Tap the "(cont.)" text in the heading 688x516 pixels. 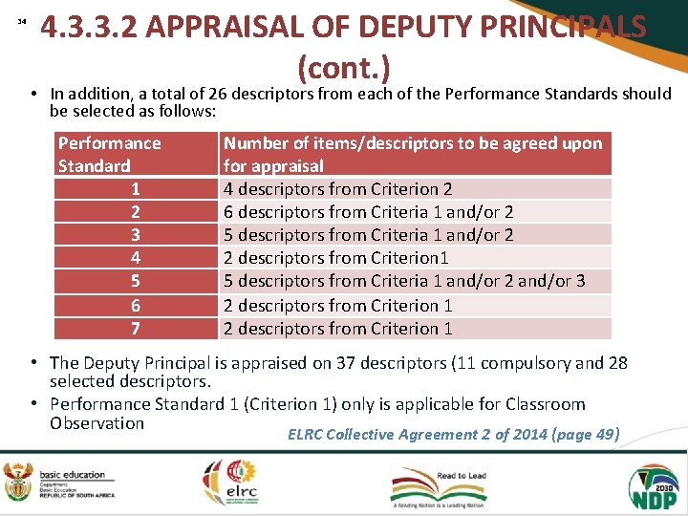coord(344,67)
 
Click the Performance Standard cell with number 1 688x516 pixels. coord(136,188)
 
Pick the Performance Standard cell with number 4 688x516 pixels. coord(136,257)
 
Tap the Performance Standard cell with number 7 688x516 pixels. coord(136,328)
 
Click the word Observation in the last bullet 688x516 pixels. coord(97,423)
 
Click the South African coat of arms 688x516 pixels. coord(17,483)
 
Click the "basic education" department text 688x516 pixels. coord(73,475)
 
